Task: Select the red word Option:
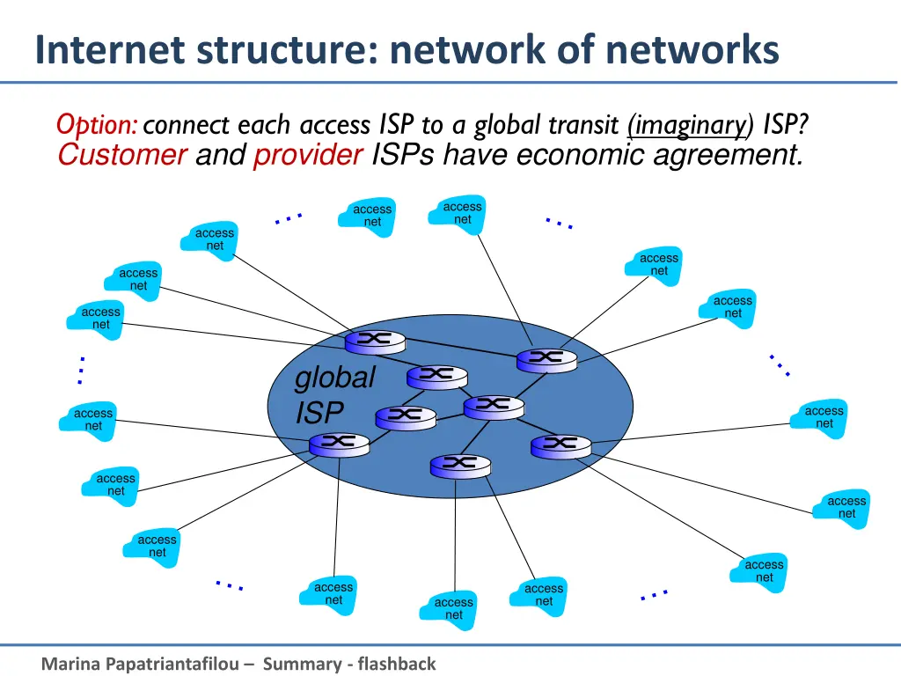point(96,126)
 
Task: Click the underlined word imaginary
point(687,126)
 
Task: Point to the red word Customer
point(121,156)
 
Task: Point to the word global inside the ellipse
point(334,378)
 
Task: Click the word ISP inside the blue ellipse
point(319,412)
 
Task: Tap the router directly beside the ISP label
point(405,415)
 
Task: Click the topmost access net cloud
point(463,213)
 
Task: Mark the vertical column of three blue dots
point(81,371)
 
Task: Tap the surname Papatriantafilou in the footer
point(176,664)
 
